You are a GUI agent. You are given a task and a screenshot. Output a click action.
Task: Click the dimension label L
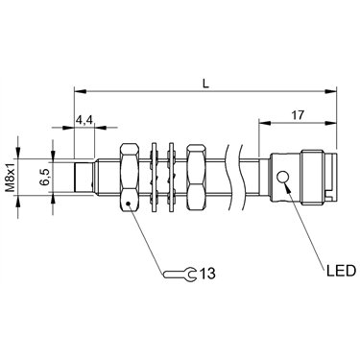point(205,84)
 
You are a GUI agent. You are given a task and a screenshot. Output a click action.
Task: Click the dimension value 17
point(298,115)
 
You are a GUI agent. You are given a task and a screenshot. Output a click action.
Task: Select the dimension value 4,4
point(84,120)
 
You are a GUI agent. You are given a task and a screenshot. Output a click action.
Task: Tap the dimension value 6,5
point(43,178)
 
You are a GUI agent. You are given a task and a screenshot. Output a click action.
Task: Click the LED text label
point(341,271)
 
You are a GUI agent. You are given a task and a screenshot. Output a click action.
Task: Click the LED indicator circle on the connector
point(283,177)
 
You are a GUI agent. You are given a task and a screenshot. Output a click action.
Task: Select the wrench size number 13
point(207,274)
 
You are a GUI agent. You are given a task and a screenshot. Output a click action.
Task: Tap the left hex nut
point(130,178)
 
